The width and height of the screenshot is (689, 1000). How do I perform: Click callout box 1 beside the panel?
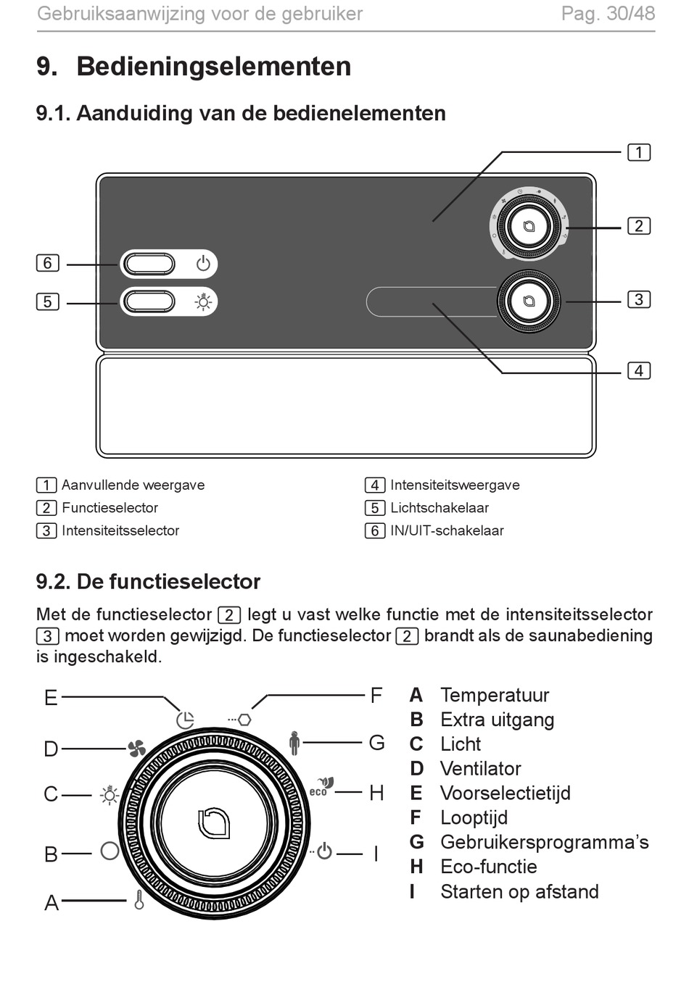point(638,152)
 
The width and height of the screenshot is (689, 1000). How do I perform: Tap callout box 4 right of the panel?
point(638,371)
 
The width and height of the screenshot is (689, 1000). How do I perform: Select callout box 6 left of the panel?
point(47,263)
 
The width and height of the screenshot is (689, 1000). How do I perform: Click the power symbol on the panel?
point(203,264)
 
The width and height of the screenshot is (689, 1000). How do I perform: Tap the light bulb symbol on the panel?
point(203,301)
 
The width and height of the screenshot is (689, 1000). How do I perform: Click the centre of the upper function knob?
point(529,226)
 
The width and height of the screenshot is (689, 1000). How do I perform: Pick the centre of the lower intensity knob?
point(529,301)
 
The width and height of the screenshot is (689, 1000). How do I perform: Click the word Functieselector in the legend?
point(110,508)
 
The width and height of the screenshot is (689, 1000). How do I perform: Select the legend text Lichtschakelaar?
point(440,508)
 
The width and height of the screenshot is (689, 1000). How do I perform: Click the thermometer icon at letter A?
point(139,900)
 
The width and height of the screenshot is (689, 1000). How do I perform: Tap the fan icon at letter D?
point(136,749)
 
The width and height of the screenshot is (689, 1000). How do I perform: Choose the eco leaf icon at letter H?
point(322,787)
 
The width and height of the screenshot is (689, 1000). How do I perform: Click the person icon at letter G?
point(294,743)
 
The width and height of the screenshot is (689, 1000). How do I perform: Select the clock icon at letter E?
point(185,720)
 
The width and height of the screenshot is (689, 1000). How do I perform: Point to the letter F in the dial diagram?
point(376,696)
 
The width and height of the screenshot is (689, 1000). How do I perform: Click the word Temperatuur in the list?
point(495,696)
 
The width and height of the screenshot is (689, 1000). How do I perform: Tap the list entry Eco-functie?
point(489,867)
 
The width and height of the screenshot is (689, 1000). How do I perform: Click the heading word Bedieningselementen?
point(213,67)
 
